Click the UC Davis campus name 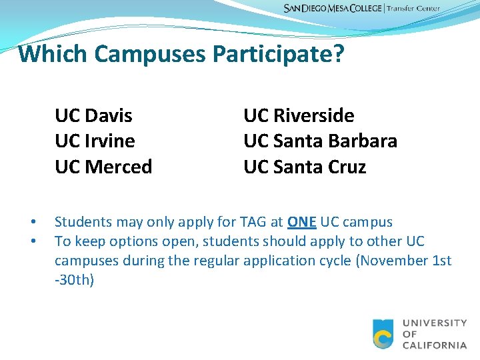point(93,116)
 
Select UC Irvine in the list point(95,141)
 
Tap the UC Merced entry point(103,167)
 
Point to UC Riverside point(299,116)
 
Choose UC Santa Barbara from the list point(320,141)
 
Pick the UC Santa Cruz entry point(305,167)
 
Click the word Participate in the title point(272,54)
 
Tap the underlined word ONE point(302,222)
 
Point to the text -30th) point(74,280)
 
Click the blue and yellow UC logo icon point(383,334)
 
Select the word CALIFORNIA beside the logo point(435,345)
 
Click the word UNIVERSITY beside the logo point(435,323)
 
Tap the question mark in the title point(338,54)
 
